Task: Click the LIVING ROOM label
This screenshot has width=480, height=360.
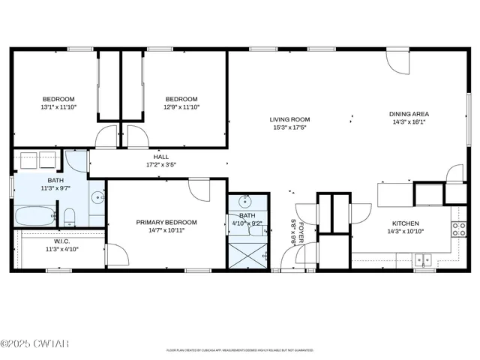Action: point(289,119)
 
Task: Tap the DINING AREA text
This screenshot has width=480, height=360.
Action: point(409,114)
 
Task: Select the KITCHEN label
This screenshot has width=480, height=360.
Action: point(405,223)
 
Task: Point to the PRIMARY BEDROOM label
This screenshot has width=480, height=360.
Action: point(166,222)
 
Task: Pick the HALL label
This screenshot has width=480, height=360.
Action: point(161,157)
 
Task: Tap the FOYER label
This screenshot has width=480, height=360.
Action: point(301,232)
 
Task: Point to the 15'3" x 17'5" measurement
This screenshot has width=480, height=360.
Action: point(289,127)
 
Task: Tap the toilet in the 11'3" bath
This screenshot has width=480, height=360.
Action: point(69,217)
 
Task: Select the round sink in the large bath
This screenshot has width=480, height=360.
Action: point(97,199)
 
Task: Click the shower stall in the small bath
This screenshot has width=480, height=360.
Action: point(247,253)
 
